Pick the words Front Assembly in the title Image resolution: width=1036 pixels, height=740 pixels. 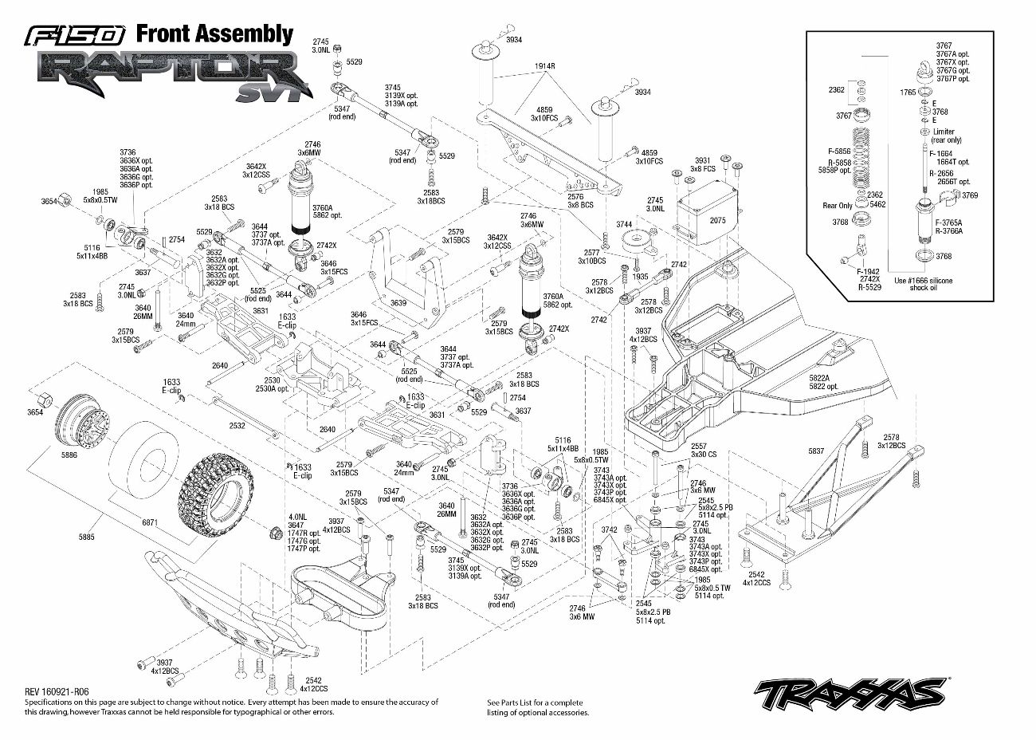click(x=214, y=33)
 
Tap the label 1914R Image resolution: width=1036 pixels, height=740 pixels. click(x=545, y=66)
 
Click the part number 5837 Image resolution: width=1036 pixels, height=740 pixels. click(x=816, y=451)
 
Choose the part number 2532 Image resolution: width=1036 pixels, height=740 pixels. click(x=237, y=427)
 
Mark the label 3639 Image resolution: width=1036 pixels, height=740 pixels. click(x=398, y=303)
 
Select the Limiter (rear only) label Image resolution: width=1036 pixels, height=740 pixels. click(x=945, y=136)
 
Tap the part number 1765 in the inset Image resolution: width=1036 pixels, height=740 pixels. click(x=908, y=92)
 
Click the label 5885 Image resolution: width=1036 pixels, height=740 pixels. click(x=86, y=537)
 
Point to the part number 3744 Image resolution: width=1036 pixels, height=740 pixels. click(x=624, y=224)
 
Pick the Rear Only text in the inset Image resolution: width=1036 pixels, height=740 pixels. click(x=838, y=206)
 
